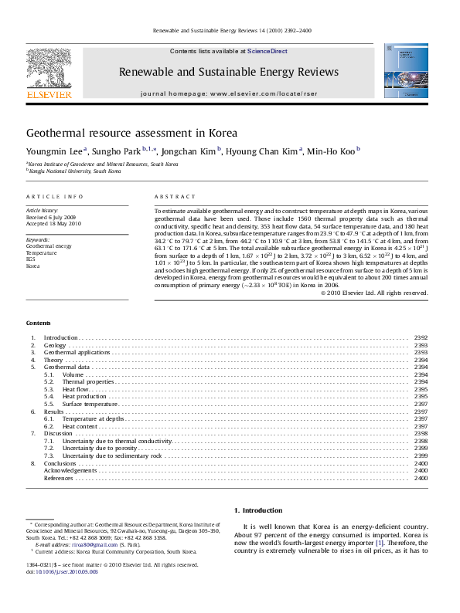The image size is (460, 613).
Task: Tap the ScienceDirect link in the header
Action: point(267,50)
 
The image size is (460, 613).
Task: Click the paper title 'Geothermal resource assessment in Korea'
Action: point(131,133)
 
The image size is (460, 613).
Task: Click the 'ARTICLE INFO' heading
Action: point(54,197)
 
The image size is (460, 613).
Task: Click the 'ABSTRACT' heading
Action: point(174,197)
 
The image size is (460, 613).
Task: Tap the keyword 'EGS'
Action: point(31,259)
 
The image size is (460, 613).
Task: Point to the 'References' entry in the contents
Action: point(59,478)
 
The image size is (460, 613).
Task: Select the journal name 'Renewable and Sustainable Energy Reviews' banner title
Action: point(228,72)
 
